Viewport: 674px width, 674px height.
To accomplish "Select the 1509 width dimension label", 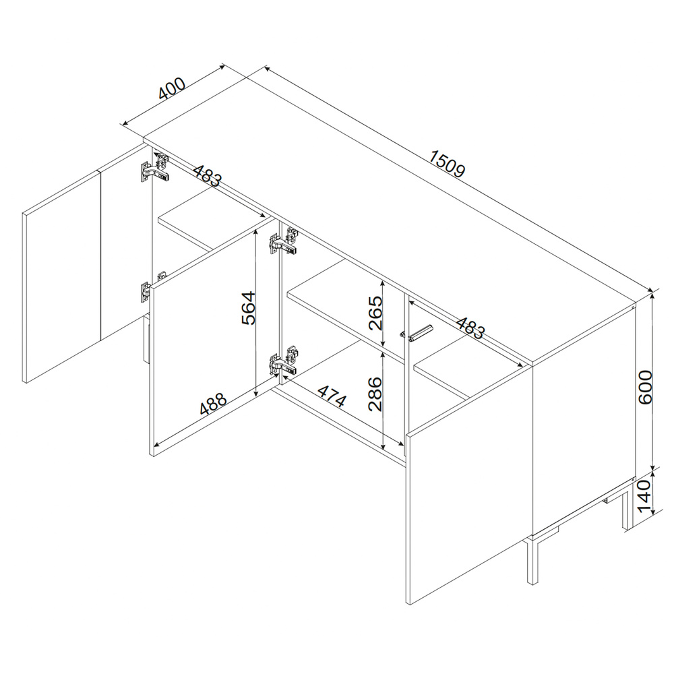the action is (447, 163).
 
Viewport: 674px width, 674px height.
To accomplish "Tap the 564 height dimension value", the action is (249, 308).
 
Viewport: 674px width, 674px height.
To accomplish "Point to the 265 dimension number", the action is (375, 313).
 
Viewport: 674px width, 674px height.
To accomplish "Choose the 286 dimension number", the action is (375, 394).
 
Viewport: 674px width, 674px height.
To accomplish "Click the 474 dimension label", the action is (332, 396).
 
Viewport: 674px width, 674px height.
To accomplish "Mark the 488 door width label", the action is (213, 404).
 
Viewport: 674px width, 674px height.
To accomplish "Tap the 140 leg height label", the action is (645, 497).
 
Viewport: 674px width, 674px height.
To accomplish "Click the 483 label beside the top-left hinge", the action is (207, 176).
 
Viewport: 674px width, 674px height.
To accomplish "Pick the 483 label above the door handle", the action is (470, 328).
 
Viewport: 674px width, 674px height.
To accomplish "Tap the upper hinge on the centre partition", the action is (284, 241).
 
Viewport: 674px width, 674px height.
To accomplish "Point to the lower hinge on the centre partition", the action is (284, 360).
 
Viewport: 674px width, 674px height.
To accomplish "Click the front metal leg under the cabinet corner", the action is (532, 559).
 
